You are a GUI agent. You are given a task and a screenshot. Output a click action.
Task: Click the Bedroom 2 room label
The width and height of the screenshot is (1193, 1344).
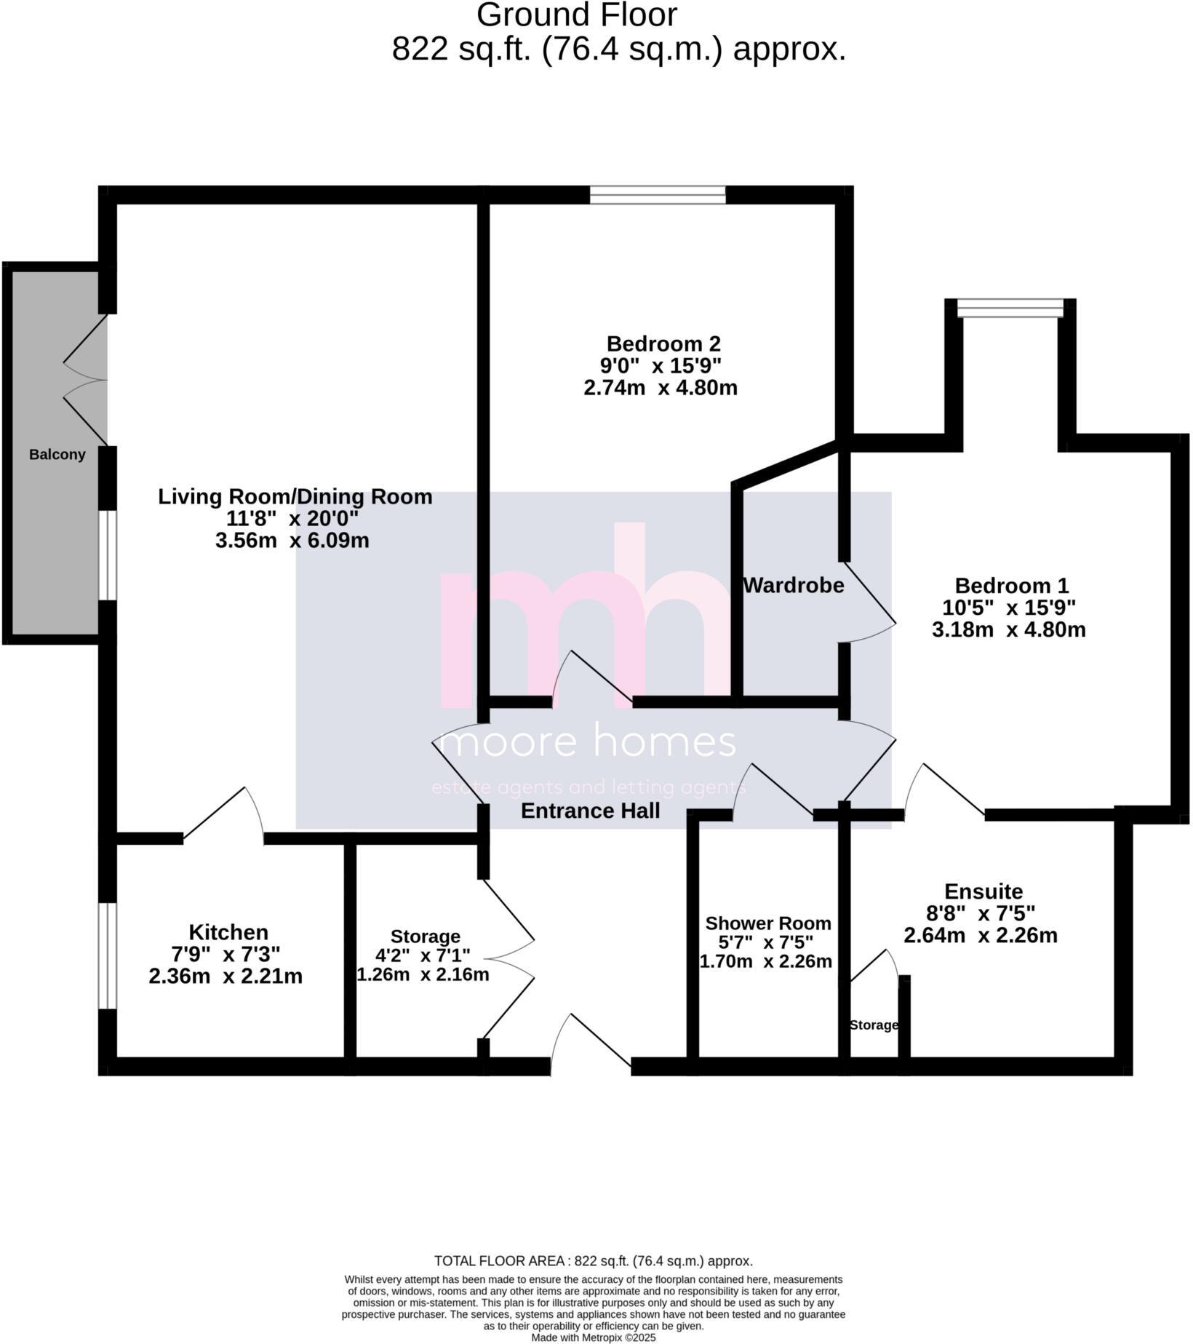point(663,343)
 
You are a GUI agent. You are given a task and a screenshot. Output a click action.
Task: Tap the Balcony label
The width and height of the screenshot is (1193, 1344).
point(57,455)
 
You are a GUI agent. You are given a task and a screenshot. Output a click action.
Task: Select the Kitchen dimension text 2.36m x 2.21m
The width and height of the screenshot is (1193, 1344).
point(226,977)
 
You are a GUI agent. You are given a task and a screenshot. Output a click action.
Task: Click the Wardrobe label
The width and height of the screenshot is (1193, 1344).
point(793,585)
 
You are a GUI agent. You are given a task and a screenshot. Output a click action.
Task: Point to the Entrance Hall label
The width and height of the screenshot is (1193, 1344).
point(590,811)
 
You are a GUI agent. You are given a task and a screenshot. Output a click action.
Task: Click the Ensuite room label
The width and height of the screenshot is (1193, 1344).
point(983,891)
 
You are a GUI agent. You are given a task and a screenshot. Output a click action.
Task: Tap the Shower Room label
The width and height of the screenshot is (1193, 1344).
point(767,923)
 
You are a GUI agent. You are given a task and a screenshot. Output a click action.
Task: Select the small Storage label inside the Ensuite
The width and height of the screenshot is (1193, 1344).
point(874,1025)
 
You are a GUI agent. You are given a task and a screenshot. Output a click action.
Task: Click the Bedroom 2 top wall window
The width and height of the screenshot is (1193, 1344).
point(658,195)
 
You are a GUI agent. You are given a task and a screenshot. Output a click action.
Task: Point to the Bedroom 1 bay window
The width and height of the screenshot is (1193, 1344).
point(1010,309)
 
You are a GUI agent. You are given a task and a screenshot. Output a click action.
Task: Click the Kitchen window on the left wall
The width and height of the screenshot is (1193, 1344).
point(108,955)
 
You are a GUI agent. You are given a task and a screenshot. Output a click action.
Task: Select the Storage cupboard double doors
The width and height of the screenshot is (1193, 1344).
point(509,959)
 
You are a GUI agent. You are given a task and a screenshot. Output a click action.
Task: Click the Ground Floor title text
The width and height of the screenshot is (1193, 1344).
point(577,15)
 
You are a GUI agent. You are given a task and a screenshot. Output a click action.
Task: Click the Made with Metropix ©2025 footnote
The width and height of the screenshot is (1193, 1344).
point(593,1337)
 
